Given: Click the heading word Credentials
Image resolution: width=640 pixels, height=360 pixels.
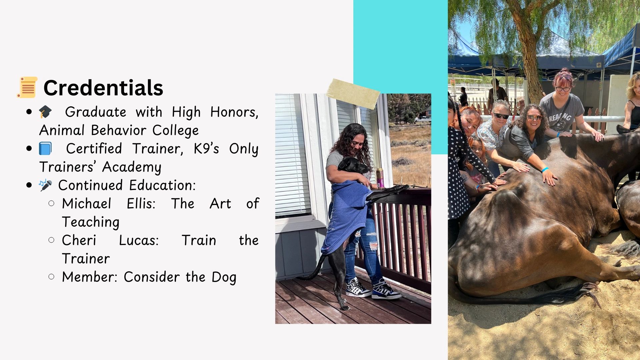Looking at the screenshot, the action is [x=103, y=88].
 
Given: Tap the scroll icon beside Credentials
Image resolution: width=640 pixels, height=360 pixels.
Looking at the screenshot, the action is [x=27, y=87].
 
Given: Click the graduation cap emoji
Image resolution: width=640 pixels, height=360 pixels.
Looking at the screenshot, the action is [x=45, y=112].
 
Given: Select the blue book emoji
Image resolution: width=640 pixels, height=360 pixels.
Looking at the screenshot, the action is [x=45, y=149].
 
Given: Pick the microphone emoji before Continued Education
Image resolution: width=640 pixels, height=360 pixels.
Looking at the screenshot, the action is [x=45, y=185].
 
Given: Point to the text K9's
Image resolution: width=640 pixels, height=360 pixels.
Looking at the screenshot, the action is [x=206, y=149].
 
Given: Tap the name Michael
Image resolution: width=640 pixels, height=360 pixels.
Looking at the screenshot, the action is [x=87, y=204].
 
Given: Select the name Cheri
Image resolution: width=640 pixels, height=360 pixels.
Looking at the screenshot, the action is [x=79, y=240].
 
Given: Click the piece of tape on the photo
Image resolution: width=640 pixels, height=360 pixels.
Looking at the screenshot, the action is [x=353, y=94].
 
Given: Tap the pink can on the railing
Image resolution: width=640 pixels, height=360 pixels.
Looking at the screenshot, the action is [x=380, y=178].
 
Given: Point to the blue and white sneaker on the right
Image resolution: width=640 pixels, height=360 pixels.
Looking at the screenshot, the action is [x=386, y=290].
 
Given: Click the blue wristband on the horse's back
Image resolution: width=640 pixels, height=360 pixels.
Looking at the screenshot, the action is [x=545, y=170].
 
